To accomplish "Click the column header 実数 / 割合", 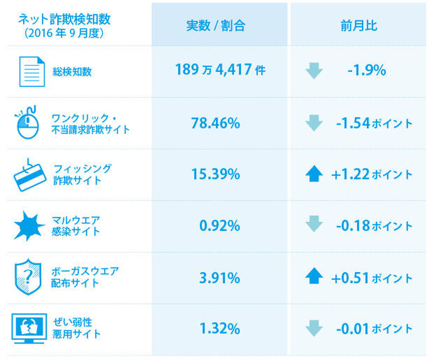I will click(x=215, y=26).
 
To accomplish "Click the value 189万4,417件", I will click(x=220, y=70).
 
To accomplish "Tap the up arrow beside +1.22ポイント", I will click(x=314, y=174).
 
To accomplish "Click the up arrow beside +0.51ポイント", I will click(x=314, y=277).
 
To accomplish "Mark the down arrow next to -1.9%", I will click(x=314, y=71).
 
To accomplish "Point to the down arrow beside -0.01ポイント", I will click(x=314, y=328).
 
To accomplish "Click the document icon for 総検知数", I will click(x=32, y=71).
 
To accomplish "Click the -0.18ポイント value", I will click(x=374, y=226).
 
